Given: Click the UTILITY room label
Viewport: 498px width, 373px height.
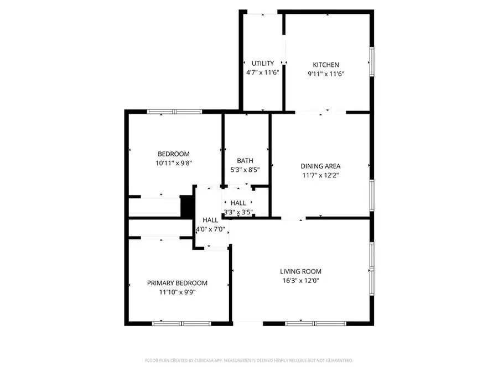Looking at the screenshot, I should coord(263,64).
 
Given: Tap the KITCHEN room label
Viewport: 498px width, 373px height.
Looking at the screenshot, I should coord(326,65).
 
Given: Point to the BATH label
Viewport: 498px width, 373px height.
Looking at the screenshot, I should coord(245,161).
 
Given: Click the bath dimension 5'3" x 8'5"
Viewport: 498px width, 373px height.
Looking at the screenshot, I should coord(245,170).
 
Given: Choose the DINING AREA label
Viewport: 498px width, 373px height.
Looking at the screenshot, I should coord(320,166).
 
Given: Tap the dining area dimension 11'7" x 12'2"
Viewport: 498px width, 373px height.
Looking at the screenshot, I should coord(320,175).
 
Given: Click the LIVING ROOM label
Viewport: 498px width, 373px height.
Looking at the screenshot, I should coord(300,271).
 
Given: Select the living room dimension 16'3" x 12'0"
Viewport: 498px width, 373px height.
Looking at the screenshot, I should coord(300,280).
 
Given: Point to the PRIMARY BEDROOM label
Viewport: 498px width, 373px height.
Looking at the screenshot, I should coord(177,283).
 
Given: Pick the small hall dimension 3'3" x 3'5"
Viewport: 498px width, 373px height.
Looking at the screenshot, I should coord(238,212).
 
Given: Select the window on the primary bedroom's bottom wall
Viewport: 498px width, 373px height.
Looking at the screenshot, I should coord(181,323).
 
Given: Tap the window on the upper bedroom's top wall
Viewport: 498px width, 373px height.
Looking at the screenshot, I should coord(174,112).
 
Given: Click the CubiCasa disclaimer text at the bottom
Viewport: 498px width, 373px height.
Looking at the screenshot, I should coord(248,360).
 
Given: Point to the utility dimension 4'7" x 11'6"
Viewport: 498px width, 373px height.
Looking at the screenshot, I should coord(263,72).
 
